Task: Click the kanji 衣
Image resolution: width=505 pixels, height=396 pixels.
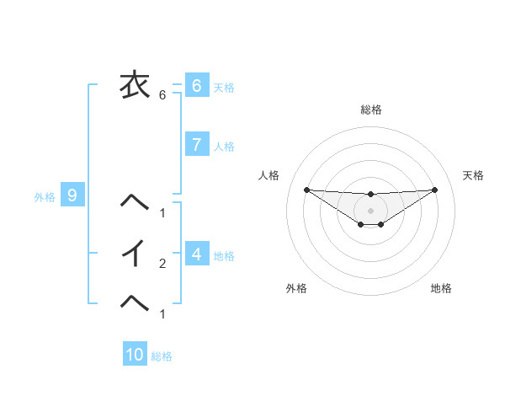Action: click(x=135, y=84)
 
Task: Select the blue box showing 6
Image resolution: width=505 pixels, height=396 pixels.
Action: click(x=196, y=85)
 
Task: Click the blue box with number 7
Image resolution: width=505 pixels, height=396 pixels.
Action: click(x=196, y=144)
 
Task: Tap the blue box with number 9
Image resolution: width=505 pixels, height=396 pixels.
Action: click(x=72, y=195)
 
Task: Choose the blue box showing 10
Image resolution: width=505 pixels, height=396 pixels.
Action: click(x=135, y=355)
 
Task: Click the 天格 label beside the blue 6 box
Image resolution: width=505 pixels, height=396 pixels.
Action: click(x=224, y=87)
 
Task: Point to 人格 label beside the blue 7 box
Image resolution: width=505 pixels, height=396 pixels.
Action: click(x=224, y=146)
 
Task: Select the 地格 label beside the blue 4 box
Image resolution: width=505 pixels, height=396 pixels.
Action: click(x=224, y=255)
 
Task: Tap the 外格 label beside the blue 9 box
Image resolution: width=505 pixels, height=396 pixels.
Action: click(x=45, y=197)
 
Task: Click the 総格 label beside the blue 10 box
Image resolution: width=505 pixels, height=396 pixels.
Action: click(x=162, y=356)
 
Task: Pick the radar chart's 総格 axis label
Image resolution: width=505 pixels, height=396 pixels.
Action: click(x=371, y=110)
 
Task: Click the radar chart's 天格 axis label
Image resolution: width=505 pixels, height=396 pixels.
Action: click(x=473, y=175)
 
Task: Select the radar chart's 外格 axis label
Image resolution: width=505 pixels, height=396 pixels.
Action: click(x=296, y=288)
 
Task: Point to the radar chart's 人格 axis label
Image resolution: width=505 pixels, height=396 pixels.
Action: click(x=269, y=175)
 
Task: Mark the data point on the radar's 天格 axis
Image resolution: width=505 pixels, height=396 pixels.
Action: click(x=434, y=189)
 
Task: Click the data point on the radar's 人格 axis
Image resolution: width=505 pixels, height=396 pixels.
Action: click(x=306, y=189)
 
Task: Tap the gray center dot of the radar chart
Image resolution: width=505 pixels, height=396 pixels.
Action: click(x=371, y=210)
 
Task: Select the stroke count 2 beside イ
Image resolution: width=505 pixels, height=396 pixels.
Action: click(x=162, y=264)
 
